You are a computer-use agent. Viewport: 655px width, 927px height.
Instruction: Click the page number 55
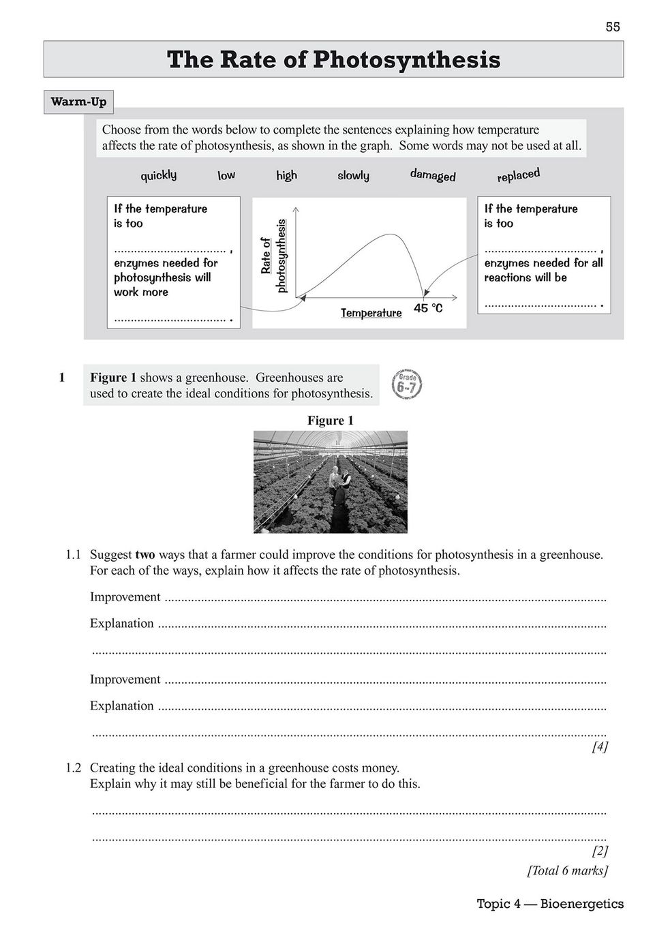coord(612,27)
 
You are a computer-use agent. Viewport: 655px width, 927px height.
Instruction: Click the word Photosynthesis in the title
coord(406,60)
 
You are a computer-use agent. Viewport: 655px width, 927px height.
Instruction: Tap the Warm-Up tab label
coord(78,102)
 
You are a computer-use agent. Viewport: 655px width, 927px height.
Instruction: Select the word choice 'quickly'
coord(158,175)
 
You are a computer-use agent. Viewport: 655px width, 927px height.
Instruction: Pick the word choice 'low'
coord(226,175)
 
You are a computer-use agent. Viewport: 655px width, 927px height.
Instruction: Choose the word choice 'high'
coord(286,175)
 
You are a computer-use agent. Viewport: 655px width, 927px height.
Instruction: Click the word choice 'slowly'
coord(353,175)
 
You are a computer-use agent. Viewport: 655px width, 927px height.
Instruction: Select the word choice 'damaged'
coord(433,175)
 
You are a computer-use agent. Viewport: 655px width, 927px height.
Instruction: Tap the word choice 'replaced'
coord(518,175)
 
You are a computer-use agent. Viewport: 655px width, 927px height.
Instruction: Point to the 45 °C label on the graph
coord(428,308)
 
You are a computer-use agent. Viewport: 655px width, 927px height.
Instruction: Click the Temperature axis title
coord(371,313)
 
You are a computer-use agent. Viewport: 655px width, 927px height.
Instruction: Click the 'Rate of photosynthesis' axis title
coord(273,256)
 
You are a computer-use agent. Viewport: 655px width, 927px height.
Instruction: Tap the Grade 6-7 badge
coord(407,384)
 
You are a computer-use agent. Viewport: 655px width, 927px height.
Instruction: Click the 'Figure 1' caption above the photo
coord(331,421)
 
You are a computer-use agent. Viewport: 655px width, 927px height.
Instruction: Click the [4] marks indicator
coord(599,746)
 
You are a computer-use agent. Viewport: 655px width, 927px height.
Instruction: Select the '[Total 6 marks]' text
coord(567,870)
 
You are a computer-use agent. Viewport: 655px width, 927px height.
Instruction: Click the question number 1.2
coord(74,768)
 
